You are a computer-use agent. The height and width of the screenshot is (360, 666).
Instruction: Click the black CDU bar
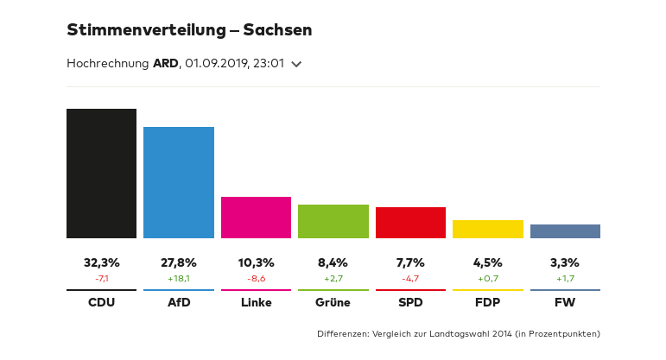[x=101, y=174]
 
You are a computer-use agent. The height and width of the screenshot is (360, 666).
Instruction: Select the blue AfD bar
[x=179, y=182]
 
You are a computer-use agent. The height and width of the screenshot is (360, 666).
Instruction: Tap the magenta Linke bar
[x=256, y=218]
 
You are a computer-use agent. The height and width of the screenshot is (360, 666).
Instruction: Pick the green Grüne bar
[x=333, y=221]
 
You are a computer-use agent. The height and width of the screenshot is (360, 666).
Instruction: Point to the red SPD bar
[x=410, y=223]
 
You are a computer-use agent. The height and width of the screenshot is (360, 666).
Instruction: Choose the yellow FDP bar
[x=488, y=229]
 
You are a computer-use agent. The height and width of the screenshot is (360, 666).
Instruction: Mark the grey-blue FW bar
[x=565, y=231]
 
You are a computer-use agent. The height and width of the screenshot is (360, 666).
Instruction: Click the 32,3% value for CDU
[x=101, y=262]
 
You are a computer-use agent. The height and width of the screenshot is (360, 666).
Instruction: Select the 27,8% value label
[x=179, y=262]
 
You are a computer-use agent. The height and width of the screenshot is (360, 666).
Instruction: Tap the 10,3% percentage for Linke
[x=256, y=262]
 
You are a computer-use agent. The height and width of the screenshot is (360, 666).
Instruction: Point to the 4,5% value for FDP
[x=488, y=262]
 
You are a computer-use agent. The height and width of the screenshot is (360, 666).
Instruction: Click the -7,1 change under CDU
[x=101, y=279]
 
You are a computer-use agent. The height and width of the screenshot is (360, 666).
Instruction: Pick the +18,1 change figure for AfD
[x=179, y=279]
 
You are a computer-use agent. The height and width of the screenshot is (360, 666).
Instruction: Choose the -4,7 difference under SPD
[x=410, y=279]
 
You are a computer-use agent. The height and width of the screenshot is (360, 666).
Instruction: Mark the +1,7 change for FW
[x=565, y=279]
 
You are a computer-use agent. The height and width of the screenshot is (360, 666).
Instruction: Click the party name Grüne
[x=333, y=302]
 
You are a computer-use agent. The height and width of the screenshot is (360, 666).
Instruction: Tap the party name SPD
[x=410, y=302]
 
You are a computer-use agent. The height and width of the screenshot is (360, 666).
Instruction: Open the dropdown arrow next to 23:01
[x=296, y=64]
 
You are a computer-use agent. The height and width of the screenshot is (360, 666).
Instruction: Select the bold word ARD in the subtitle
[x=166, y=63]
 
